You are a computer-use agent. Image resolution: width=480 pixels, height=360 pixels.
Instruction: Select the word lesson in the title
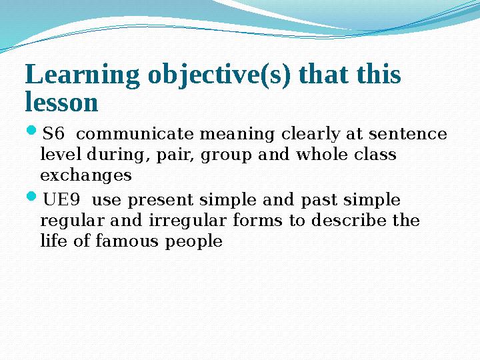61,103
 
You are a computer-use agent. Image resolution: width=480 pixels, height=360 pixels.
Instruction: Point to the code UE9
59,200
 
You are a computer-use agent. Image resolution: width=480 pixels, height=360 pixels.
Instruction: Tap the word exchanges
86,176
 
